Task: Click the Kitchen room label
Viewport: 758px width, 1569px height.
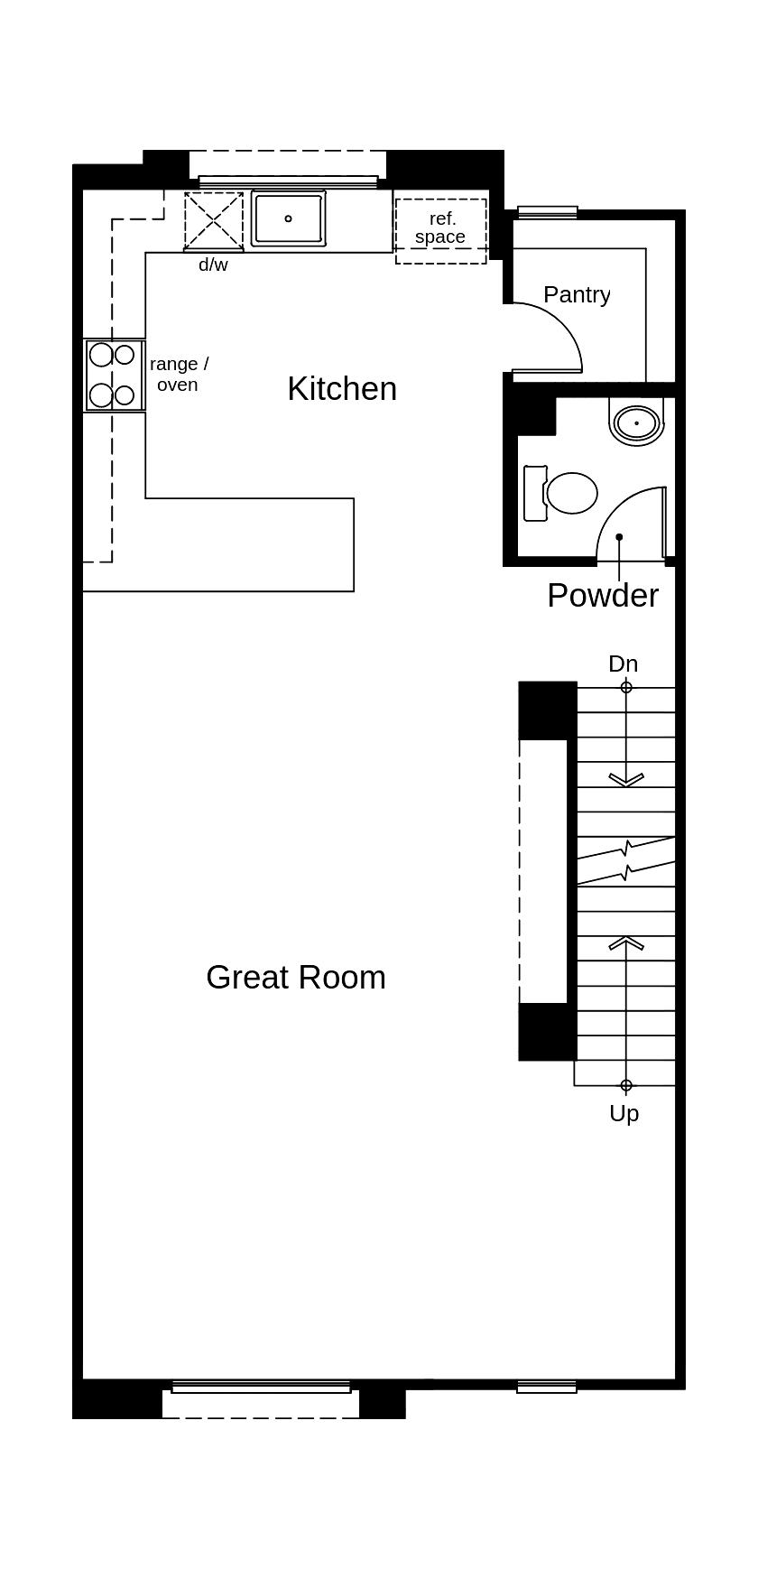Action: [342, 389]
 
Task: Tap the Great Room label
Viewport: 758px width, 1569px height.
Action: [296, 978]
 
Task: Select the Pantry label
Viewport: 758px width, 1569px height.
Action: [577, 294]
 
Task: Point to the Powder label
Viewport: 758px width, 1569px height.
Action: [603, 596]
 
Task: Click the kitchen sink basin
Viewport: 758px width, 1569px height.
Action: [289, 218]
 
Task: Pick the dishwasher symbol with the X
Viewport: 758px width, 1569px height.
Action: [214, 221]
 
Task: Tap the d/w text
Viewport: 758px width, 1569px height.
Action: [213, 265]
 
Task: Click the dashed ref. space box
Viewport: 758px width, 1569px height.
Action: [440, 230]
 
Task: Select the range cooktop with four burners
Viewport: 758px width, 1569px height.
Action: [113, 375]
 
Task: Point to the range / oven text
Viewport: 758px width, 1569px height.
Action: [179, 374]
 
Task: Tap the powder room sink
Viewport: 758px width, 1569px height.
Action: [638, 422]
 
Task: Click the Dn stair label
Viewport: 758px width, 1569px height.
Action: [623, 664]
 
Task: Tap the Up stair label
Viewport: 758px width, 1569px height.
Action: [624, 1114]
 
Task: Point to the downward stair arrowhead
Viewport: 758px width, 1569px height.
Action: [626, 779]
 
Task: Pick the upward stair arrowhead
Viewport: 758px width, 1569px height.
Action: [626, 942]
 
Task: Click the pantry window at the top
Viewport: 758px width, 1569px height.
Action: [547, 212]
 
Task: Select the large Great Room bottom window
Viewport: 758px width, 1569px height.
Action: [261, 1387]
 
